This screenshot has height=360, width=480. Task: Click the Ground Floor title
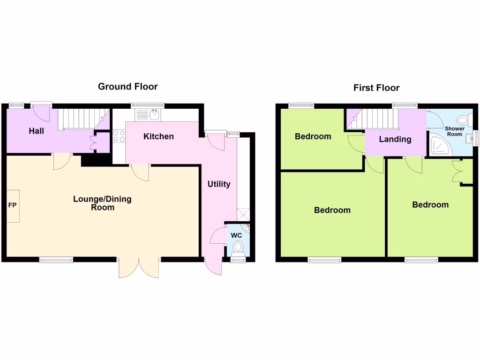click(127, 86)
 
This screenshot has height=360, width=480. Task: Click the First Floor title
click(376, 88)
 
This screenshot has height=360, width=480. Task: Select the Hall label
click(36, 131)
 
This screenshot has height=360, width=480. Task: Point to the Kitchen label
click(158, 136)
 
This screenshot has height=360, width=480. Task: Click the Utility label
click(219, 184)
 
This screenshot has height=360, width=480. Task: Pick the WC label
click(236, 235)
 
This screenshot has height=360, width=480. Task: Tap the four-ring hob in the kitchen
click(119, 135)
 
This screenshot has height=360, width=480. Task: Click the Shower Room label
click(455, 131)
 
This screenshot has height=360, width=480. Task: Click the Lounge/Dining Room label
click(102, 203)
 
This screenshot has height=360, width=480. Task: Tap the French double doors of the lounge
click(139, 267)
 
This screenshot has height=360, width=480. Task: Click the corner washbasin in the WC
click(247, 228)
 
